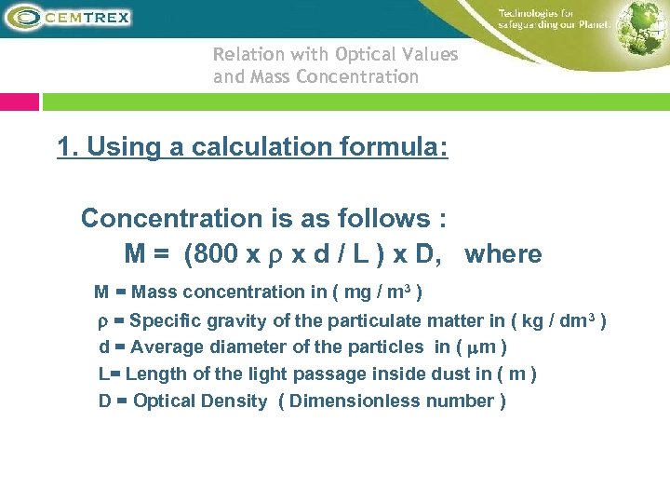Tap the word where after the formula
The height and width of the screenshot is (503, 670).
click(502, 254)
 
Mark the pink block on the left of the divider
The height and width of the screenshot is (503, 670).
click(20, 101)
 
